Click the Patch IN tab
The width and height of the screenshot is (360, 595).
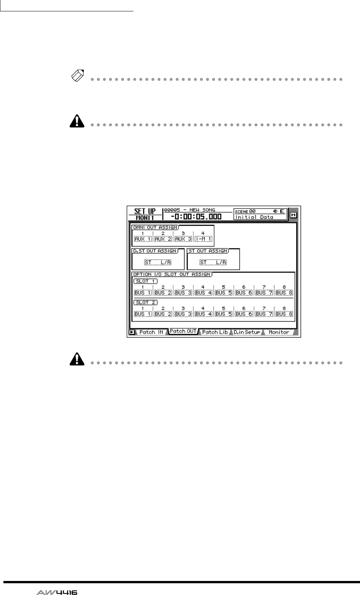coord(151,332)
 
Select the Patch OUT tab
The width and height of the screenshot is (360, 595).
coord(183,331)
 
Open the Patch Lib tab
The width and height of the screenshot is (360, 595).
coord(215,332)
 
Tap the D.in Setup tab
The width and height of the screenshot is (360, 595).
coord(247,332)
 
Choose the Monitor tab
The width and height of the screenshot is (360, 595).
coord(279,332)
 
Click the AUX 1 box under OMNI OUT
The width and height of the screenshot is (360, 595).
coord(143,239)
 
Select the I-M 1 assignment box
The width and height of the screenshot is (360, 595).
coord(203,239)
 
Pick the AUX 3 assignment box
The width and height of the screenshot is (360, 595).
coord(183,239)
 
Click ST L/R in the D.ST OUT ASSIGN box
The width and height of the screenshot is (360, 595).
coord(158,262)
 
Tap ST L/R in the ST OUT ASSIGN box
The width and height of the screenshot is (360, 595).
coord(213,262)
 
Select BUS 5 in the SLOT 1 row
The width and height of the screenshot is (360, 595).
coord(224,293)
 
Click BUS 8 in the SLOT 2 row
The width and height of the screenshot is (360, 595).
coord(284,314)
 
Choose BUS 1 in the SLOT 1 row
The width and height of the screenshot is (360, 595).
coord(143,293)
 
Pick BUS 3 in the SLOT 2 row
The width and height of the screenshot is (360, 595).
coord(183,314)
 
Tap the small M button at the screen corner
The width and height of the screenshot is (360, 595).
coord(293,215)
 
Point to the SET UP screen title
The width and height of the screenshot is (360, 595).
coord(145,212)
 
